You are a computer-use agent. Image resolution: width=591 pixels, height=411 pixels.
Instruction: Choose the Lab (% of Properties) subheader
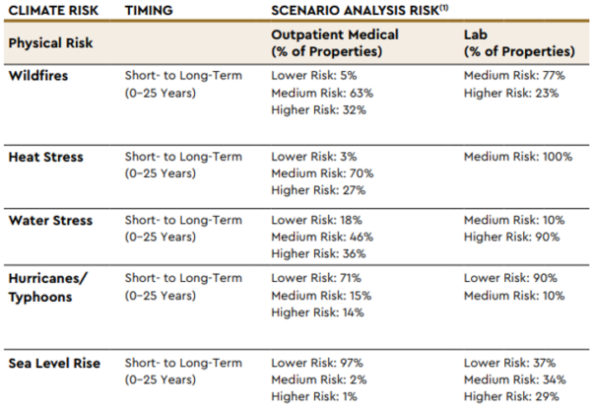[518, 42]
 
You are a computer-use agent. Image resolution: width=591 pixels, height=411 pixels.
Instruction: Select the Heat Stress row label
[45, 157]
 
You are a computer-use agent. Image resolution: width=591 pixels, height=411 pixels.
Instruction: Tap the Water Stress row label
[49, 220]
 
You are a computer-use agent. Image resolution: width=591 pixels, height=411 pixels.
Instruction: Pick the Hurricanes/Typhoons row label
[47, 287]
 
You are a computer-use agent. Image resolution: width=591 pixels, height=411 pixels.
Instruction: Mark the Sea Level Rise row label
[54, 364]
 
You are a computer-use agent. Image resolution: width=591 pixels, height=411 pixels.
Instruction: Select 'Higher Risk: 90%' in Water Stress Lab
[511, 237]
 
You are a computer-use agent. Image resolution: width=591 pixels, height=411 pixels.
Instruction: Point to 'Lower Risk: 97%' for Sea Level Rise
[317, 364]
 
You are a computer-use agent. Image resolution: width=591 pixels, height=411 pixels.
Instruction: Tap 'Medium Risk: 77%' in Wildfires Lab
[511, 75]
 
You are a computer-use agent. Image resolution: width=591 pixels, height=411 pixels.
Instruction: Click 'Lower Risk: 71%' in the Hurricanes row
[315, 279]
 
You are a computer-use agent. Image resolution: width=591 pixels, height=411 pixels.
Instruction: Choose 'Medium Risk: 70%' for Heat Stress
[322, 173]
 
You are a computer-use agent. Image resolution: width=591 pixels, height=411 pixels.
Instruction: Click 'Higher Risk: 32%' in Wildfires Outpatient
[318, 109]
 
